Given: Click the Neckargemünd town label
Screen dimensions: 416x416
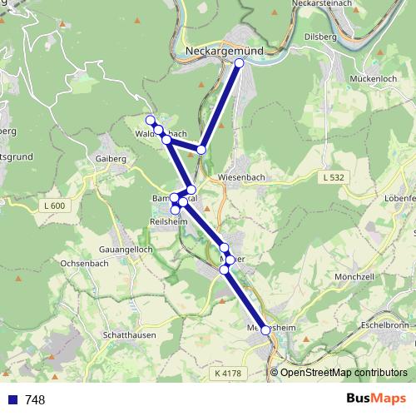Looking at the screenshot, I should [225, 50].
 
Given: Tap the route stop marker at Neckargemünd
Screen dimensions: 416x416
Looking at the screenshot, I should [240, 62].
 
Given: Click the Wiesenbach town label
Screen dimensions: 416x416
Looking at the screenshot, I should [241, 178].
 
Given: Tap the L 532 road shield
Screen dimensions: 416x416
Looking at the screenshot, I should [333, 177].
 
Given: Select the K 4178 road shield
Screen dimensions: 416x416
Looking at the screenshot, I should [226, 374].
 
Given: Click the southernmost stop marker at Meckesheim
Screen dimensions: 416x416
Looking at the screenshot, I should [266, 330].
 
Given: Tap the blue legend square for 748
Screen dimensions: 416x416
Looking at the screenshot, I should [13, 399].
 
